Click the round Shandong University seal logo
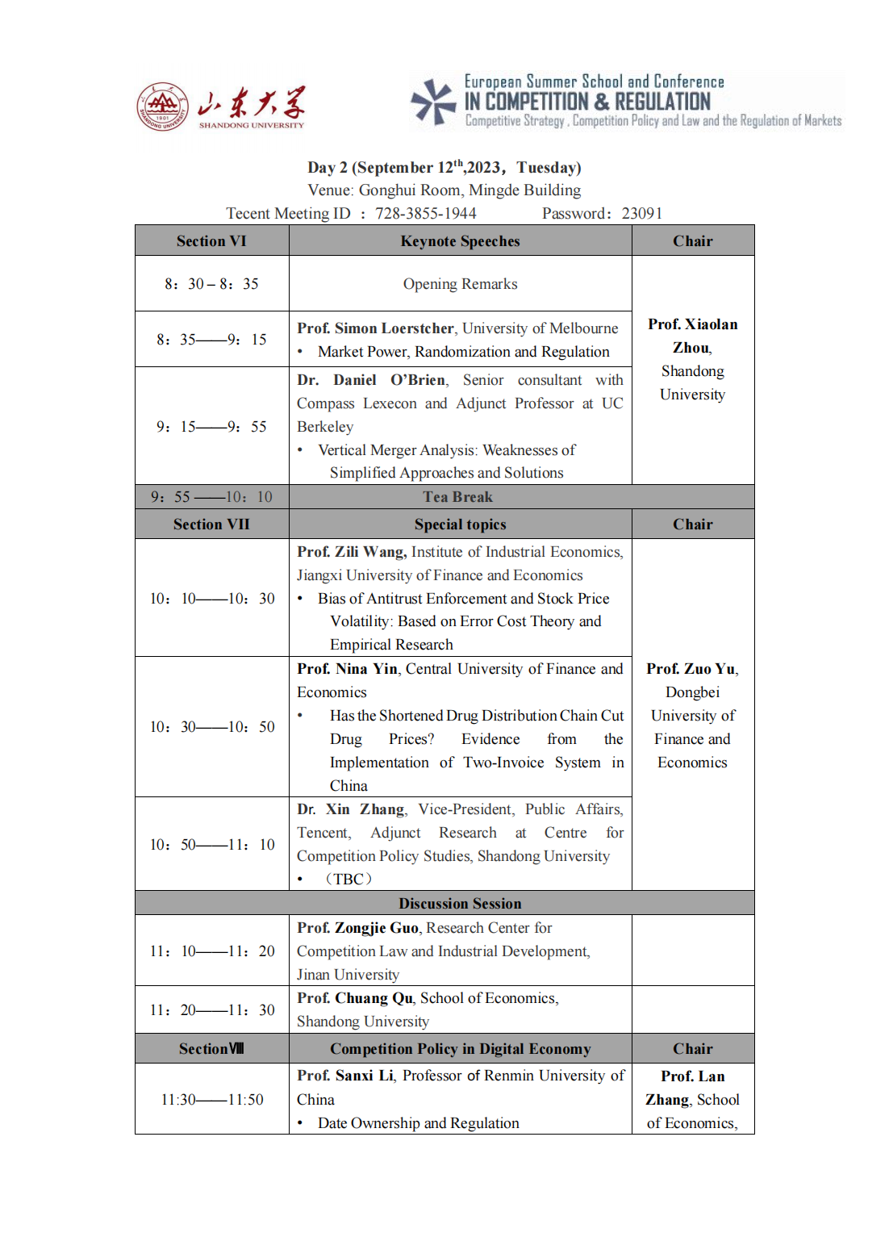click(163, 107)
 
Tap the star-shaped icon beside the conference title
click(434, 102)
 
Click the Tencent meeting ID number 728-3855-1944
click(426, 213)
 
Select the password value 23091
click(641, 213)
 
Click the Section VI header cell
click(211, 241)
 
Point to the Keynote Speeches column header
click(460, 241)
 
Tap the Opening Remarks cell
click(460, 284)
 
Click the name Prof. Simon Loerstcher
click(375, 328)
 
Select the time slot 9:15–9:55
click(211, 426)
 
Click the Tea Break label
click(457, 497)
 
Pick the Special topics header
click(460, 525)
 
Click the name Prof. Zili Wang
click(352, 552)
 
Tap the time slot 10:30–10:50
click(211, 727)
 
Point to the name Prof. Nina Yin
click(347, 669)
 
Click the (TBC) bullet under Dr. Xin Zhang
click(349, 879)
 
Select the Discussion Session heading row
click(460, 904)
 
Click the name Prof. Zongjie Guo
click(357, 928)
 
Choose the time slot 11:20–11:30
click(211, 1010)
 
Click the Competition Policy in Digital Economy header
click(460, 1049)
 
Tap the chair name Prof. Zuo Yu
click(691, 669)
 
